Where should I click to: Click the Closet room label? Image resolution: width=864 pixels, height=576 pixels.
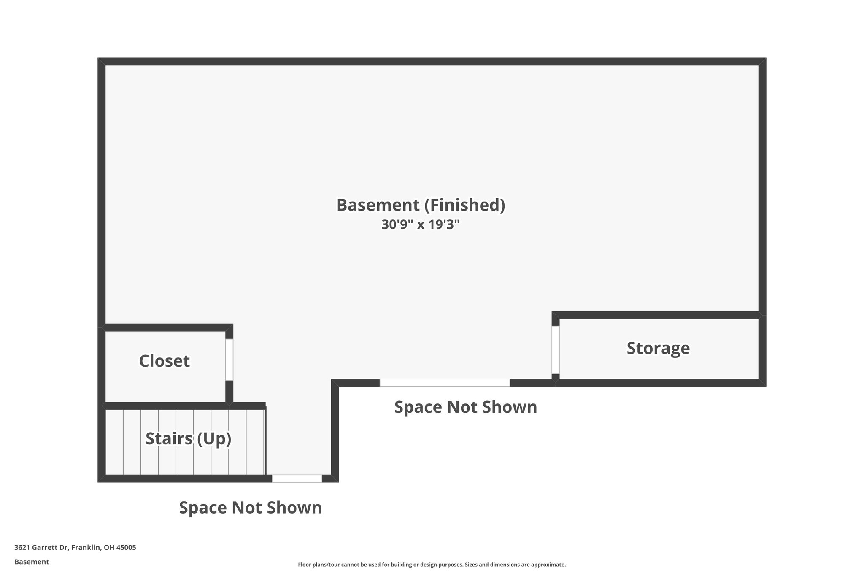coord(164,361)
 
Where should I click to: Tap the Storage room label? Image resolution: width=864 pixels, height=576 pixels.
coord(658,348)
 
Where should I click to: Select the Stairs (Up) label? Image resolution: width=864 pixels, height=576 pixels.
coord(188,439)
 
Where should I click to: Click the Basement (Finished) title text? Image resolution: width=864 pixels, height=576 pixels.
coord(420,205)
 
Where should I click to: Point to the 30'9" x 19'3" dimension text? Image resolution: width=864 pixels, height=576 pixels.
coord(420,224)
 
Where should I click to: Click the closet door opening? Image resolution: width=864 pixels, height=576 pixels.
coord(229,360)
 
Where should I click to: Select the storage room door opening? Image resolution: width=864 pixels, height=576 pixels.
coord(556,350)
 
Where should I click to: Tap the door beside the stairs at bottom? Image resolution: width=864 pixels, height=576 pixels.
coord(297,479)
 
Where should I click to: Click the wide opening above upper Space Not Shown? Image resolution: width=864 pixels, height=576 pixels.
coord(445,383)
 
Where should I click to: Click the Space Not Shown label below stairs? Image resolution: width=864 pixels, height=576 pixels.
coord(250,508)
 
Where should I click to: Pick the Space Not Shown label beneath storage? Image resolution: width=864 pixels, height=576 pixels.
coord(465,407)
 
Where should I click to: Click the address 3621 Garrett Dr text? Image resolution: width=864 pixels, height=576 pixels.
coord(41,548)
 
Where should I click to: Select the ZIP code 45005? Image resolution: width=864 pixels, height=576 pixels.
coord(126,548)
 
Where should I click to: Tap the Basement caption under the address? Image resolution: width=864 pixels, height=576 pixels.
coord(32,562)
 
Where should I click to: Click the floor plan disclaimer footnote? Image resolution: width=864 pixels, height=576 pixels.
coord(432,565)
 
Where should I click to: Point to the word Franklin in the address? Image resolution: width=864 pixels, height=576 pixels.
coord(86,548)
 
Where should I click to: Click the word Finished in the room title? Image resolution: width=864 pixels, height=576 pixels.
coord(464,205)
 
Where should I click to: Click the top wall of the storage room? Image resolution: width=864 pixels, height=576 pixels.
coord(658,315)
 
